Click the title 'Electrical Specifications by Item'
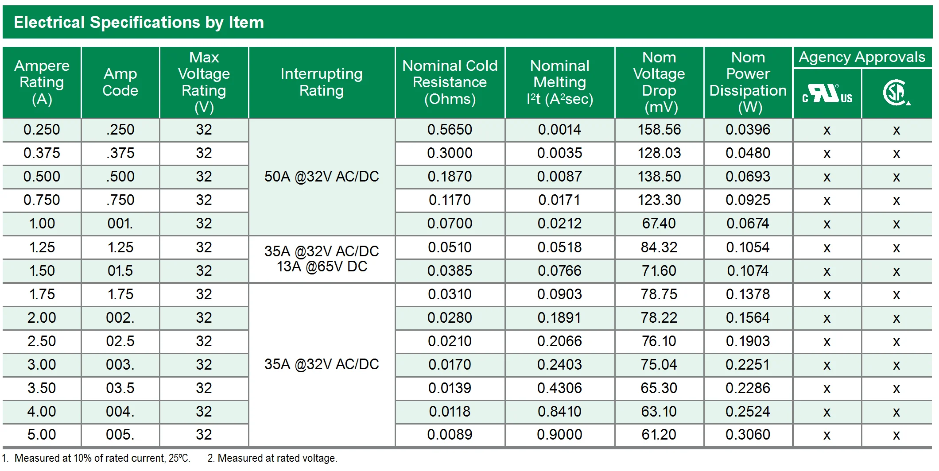[139, 22]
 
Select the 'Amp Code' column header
[120, 82]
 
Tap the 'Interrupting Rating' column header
[322, 82]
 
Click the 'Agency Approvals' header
[862, 57]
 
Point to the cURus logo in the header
[827, 93]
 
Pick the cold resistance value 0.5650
[450, 130]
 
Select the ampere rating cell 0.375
[42, 153]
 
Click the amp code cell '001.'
[120, 224]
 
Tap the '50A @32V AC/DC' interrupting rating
[322, 177]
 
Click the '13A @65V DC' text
[322, 266]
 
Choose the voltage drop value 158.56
[659, 130]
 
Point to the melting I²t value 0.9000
[559, 435]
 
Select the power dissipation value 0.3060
[748, 435]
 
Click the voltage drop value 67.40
[659, 224]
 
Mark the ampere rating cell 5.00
[42, 435]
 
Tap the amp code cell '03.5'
[120, 388]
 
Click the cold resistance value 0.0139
[450, 388]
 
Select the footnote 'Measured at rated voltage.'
[277, 458]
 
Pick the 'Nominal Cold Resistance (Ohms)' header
[450, 82]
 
